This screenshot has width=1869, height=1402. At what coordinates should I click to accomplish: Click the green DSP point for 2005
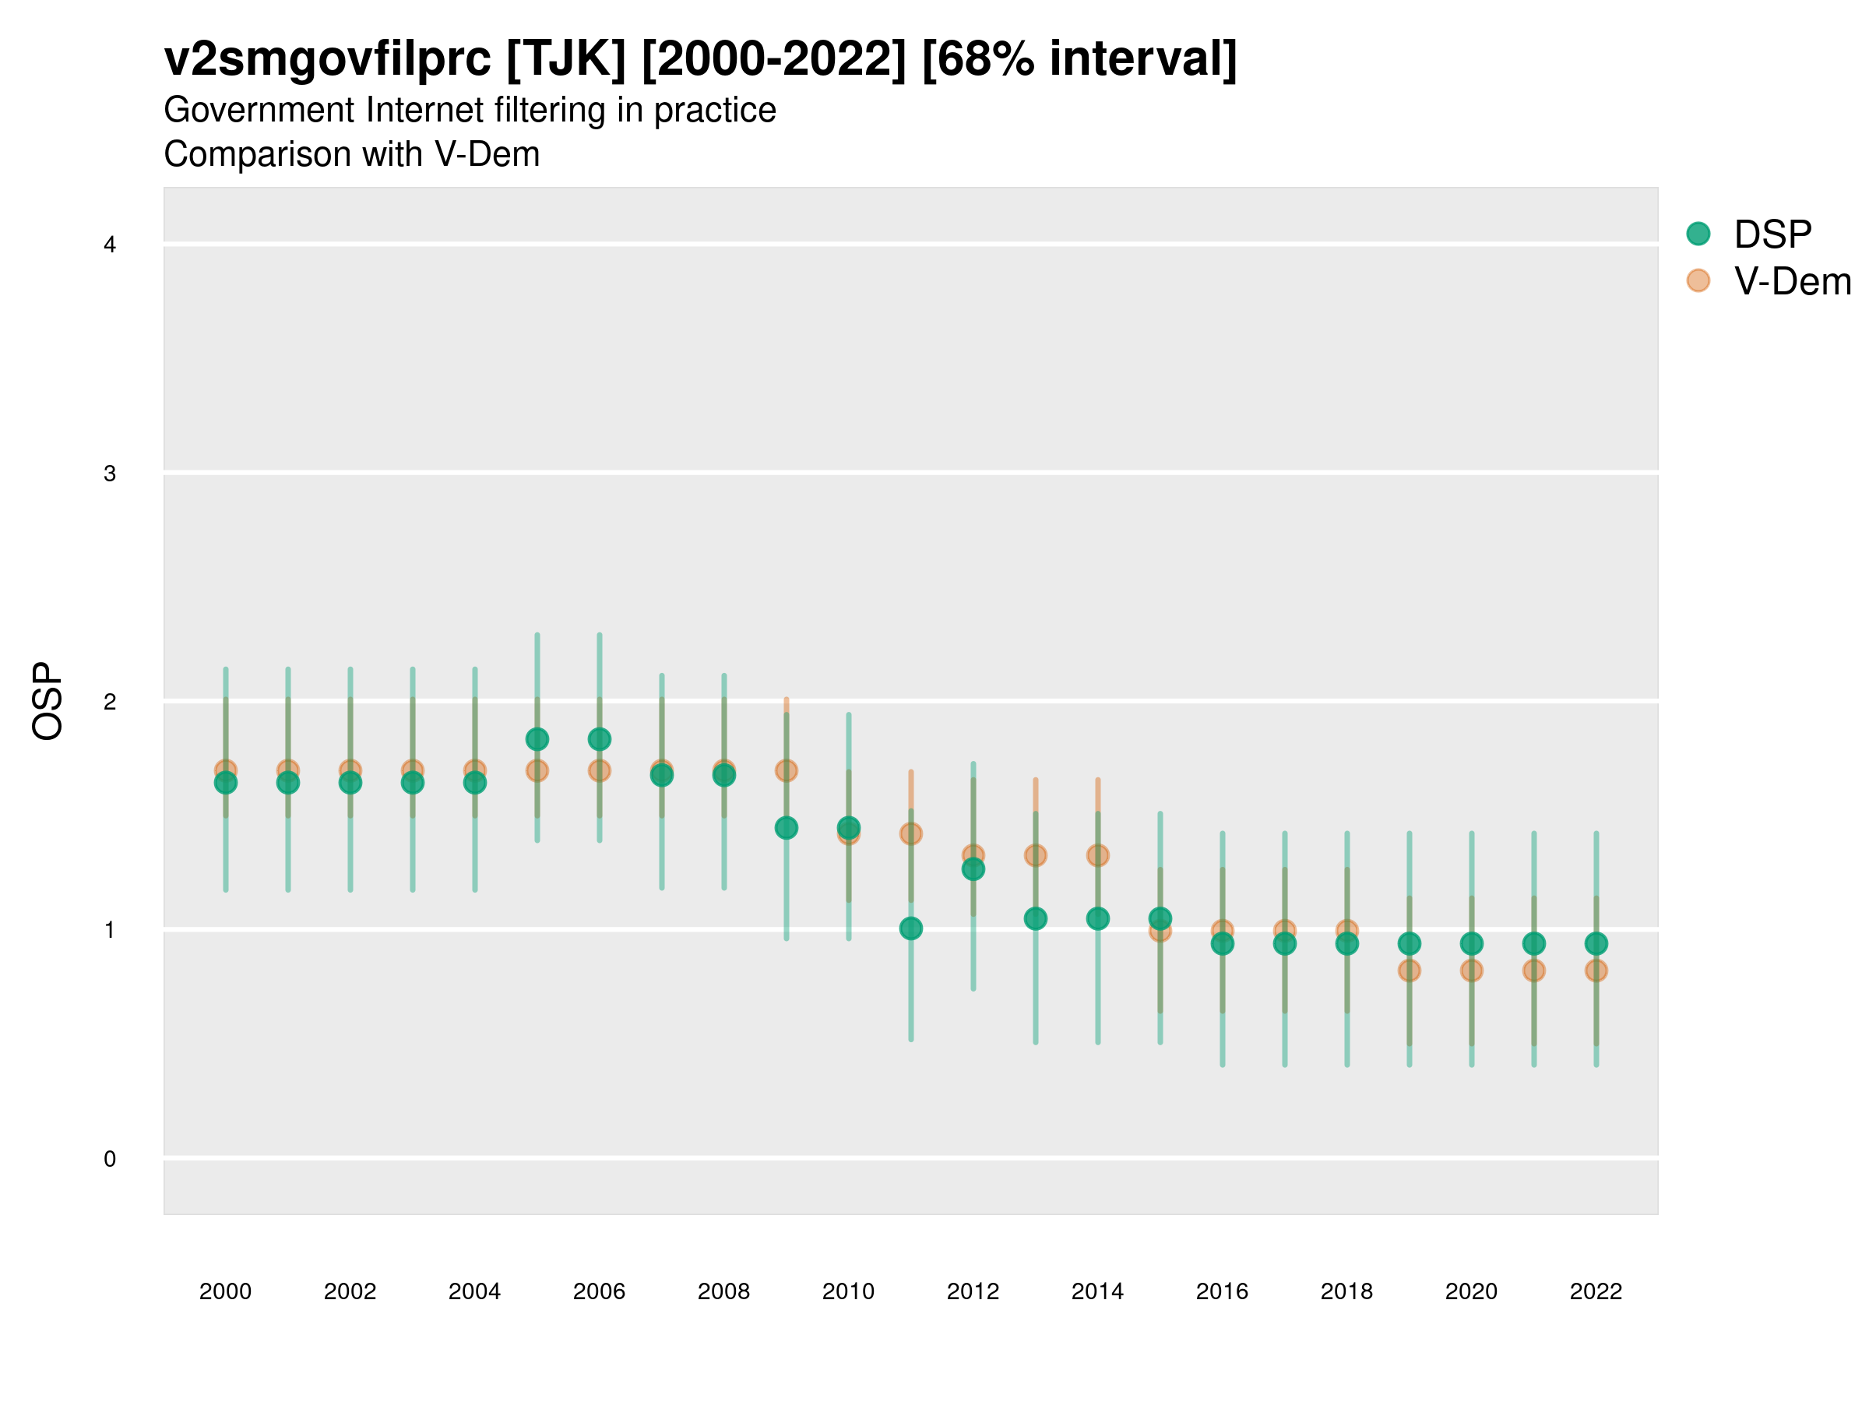coord(537,739)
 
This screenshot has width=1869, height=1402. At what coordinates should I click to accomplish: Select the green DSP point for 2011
coord(911,928)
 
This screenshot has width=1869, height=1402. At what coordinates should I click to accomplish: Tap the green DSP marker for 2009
coord(786,828)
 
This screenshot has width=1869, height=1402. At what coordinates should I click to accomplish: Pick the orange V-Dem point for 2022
coord(1596,971)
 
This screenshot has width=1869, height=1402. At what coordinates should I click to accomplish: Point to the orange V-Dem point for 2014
coord(1097,856)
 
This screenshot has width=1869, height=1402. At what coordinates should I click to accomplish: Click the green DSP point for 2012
coord(973,869)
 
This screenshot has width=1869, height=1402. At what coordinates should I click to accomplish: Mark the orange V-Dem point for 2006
coord(599,771)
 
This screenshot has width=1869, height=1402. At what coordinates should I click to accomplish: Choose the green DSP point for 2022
coord(1596,944)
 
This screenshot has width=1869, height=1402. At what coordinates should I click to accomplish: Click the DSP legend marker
coord(1698,234)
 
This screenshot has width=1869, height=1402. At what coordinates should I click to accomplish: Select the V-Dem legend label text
coord(1792,281)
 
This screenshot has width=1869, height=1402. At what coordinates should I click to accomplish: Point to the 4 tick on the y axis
coord(110,245)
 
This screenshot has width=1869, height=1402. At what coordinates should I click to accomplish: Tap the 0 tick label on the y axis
coord(110,1160)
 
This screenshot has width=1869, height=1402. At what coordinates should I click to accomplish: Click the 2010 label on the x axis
coord(848,1292)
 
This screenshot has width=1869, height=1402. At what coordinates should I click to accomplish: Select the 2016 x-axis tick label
coord(1222,1292)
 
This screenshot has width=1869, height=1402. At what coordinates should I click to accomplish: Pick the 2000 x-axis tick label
coord(226,1292)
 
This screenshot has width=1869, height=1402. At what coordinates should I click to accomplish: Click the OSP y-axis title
coord(48,702)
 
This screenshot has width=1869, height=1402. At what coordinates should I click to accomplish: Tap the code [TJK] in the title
coord(566,59)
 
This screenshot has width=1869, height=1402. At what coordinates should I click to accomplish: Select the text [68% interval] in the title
coord(1079,59)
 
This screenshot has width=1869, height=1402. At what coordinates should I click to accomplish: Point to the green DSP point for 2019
coord(1410,944)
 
